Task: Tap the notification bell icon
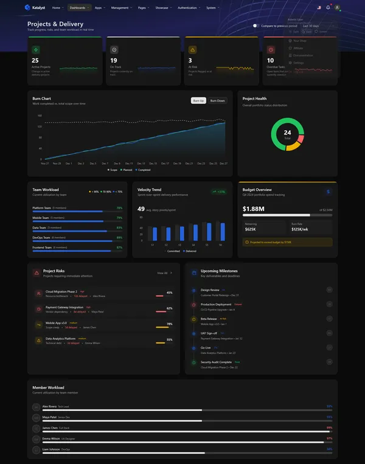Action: tap(328, 8)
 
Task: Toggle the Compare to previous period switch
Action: tap(256, 26)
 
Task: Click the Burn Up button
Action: tap(198, 100)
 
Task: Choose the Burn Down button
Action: tap(217, 100)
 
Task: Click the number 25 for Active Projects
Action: tap(35, 60)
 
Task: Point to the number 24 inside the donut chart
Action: tap(287, 133)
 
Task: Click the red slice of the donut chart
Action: tap(301, 139)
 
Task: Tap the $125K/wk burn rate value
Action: tap(300, 229)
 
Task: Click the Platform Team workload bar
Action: tap(77, 211)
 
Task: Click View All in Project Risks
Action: tap(164, 273)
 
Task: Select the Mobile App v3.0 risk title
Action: tap(57, 324)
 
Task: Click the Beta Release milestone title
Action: tap(209, 318)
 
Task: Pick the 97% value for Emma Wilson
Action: tap(329, 438)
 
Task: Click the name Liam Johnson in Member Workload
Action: tap(50, 449)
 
